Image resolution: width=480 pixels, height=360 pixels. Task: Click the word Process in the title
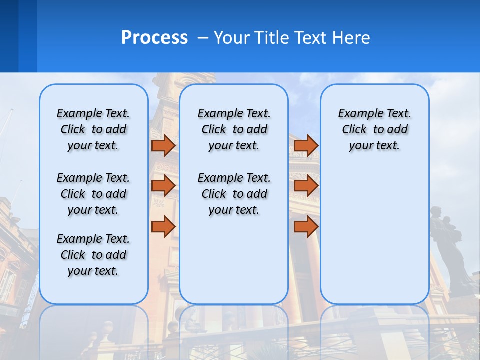pyautogui.click(x=154, y=38)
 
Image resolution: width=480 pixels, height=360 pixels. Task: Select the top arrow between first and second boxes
pyautogui.click(x=163, y=145)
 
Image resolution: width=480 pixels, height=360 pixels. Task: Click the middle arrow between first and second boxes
pyautogui.click(x=163, y=186)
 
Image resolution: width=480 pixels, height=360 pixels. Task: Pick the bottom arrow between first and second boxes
pyautogui.click(x=163, y=226)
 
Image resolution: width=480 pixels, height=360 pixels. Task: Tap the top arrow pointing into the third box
pyautogui.click(x=306, y=145)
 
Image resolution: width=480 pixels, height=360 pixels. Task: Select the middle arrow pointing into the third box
pyautogui.click(x=306, y=186)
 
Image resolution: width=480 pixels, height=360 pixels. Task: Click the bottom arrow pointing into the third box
pyautogui.click(x=306, y=226)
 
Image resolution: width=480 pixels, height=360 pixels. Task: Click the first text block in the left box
pyautogui.click(x=93, y=129)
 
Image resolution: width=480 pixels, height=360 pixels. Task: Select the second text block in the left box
pyautogui.click(x=93, y=194)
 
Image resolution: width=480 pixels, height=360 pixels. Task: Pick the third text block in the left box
pyautogui.click(x=93, y=255)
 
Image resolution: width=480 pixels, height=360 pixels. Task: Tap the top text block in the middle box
pyautogui.click(x=234, y=129)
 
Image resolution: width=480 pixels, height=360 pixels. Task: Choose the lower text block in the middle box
pyautogui.click(x=234, y=194)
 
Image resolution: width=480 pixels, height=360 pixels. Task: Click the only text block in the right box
pyautogui.click(x=374, y=129)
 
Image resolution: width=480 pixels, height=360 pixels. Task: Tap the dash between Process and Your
pyautogui.click(x=202, y=38)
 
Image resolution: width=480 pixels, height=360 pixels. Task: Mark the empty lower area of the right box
pyautogui.click(x=374, y=235)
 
